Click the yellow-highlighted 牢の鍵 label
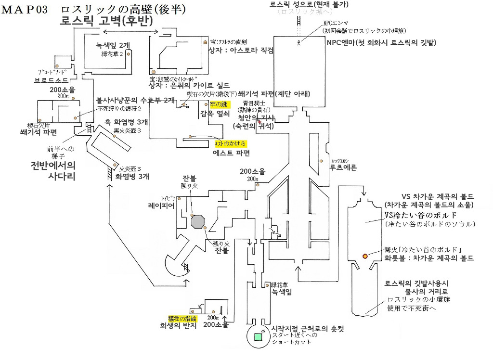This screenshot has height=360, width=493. (220, 103)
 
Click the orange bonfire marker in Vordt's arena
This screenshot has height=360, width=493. (365, 256)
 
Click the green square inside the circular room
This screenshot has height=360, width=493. (259, 338)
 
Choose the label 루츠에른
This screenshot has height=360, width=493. (343, 169)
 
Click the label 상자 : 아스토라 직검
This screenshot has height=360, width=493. (240, 50)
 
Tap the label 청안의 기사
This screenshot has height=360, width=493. (254, 117)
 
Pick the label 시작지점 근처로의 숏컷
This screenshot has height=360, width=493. (308, 329)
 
